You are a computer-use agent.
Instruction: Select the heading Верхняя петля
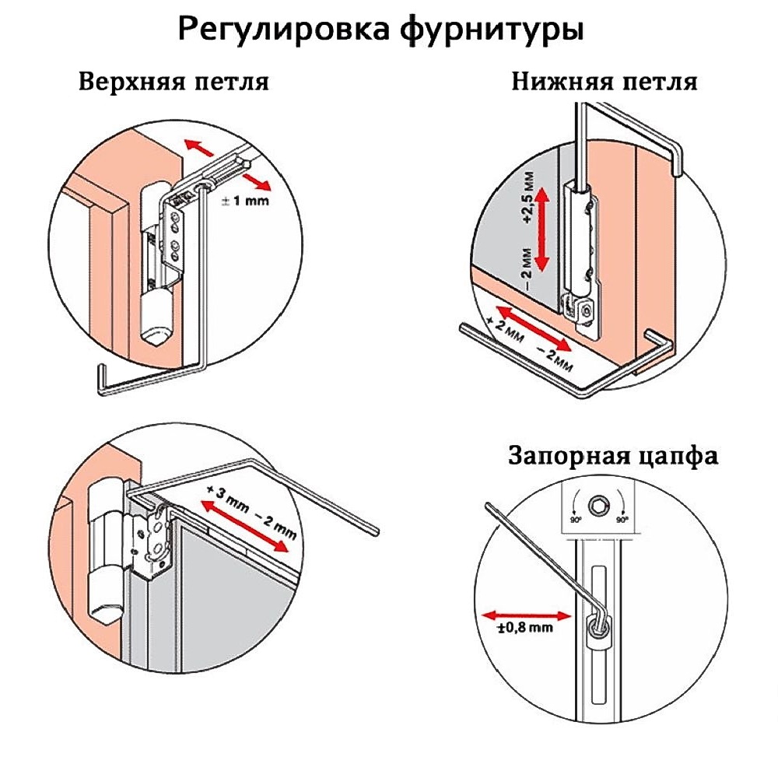coord(173,82)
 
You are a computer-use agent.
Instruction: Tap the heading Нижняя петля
coord(604,82)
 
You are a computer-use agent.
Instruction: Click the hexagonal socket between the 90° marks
coord(598,503)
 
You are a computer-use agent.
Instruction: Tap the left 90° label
coord(575,519)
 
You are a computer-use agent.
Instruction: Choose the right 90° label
coord(622,519)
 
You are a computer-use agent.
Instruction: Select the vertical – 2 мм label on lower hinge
coord(529,268)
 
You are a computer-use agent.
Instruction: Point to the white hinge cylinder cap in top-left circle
coord(156,333)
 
